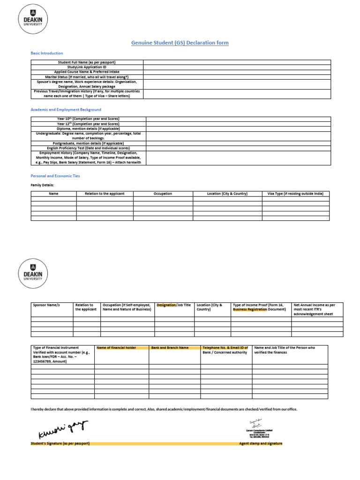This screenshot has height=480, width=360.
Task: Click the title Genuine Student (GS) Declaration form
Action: click(x=180, y=43)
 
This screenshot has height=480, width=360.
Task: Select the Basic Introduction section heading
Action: click(x=47, y=53)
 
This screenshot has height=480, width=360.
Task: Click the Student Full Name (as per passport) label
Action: click(x=87, y=62)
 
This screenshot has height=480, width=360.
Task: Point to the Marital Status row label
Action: click(x=87, y=77)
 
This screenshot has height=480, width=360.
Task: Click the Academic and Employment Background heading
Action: click(x=66, y=110)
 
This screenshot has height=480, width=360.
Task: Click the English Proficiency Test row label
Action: click(x=89, y=148)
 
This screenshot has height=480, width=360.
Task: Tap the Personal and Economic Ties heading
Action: click(x=55, y=176)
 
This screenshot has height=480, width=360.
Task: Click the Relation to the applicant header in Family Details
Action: click(x=105, y=194)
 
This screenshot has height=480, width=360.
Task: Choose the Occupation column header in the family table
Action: click(x=163, y=194)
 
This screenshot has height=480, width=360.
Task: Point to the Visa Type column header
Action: click(x=295, y=194)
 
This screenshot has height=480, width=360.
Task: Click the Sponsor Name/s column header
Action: click(x=46, y=305)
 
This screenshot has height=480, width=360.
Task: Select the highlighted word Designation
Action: click(x=166, y=305)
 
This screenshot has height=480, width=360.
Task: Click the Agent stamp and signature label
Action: click(x=261, y=443)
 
